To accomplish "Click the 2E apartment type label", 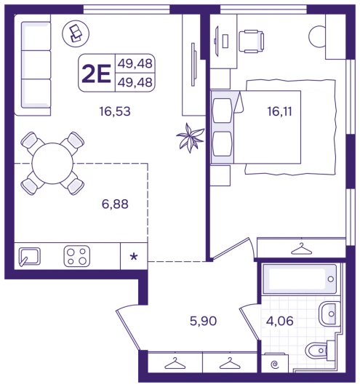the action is point(96,73).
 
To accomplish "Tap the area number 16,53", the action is point(115,111).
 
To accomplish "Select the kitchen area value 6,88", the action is point(115,204).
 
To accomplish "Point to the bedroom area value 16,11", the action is point(279,111).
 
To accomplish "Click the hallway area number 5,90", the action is point(204,321).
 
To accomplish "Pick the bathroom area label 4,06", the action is point(280,321).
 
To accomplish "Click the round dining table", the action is point(52,164).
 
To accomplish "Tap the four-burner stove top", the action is point(77,256).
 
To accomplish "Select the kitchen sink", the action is point(30,257).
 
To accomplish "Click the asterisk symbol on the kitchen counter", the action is point(134,257).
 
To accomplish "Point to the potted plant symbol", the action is point(191,137).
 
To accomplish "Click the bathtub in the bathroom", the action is point(300,279).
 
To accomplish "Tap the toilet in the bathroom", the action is point(318,351).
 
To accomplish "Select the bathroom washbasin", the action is point(327,314).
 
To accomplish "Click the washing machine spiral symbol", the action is point(274,364).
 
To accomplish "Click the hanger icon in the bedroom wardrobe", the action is point(301,249).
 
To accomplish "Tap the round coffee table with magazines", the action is point(76,33).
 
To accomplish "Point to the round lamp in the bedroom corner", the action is point(317,36).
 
